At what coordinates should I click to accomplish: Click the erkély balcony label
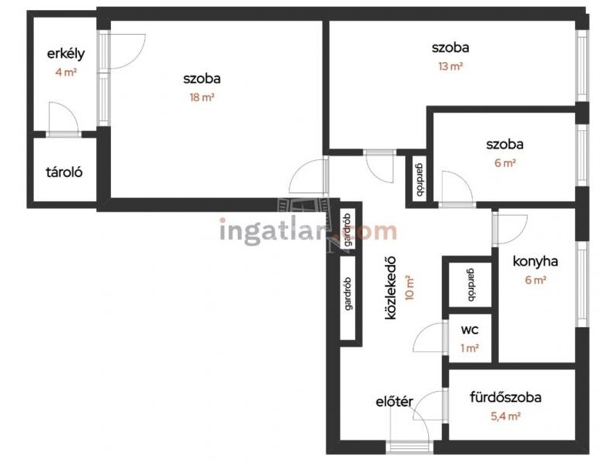pyautogui.click(x=65, y=54)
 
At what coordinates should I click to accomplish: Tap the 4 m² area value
pyautogui.click(x=65, y=72)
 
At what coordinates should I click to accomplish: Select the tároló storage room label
pyautogui.click(x=64, y=172)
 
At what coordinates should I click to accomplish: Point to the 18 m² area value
pyautogui.click(x=202, y=97)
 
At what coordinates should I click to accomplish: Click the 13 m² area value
pyautogui.click(x=450, y=66)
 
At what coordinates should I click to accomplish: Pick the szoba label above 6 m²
pyautogui.click(x=505, y=144)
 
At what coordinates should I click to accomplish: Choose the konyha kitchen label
pyautogui.click(x=535, y=262)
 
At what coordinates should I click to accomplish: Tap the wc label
pyautogui.click(x=470, y=330)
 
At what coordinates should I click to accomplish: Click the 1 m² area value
pyautogui.click(x=470, y=348)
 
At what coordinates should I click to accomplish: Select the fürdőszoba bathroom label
pyautogui.click(x=506, y=397)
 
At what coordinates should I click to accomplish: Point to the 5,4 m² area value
pyautogui.click(x=506, y=416)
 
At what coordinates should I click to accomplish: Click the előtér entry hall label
pyautogui.click(x=394, y=402)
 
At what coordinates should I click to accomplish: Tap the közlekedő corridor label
pyautogui.click(x=390, y=288)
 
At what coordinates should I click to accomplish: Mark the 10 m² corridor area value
pyautogui.click(x=410, y=287)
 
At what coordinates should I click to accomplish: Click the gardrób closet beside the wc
pyautogui.click(x=470, y=285)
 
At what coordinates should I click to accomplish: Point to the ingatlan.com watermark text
pyautogui.click(x=308, y=232)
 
